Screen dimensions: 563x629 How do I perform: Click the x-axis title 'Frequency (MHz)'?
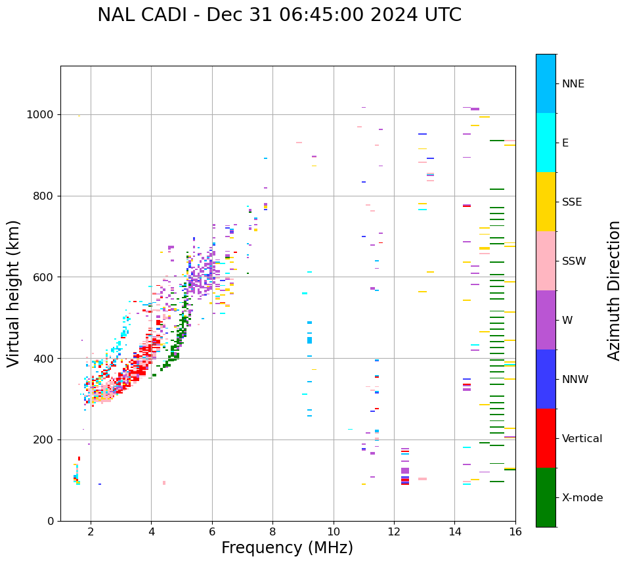(287, 548)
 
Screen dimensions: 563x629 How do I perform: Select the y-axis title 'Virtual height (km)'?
(14, 293)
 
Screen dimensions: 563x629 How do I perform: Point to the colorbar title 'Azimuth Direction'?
(614, 290)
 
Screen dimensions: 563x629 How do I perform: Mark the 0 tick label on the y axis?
(50, 522)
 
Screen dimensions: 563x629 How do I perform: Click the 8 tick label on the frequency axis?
(272, 531)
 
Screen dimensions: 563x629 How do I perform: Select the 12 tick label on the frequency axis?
(394, 531)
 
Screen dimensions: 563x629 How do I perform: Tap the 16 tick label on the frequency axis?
(515, 531)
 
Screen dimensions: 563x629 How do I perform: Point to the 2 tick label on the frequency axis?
(91, 531)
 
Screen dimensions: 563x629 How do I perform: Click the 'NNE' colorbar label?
(573, 84)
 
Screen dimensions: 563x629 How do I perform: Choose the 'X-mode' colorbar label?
(582, 498)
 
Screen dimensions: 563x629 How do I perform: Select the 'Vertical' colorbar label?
(582, 439)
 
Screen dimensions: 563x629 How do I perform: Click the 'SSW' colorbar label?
(574, 261)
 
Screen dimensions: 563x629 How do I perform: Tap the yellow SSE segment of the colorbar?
(546, 202)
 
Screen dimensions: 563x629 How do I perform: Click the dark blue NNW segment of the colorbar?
(546, 379)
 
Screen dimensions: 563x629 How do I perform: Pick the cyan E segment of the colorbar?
(546, 143)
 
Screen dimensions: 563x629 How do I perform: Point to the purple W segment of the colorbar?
(546, 320)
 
